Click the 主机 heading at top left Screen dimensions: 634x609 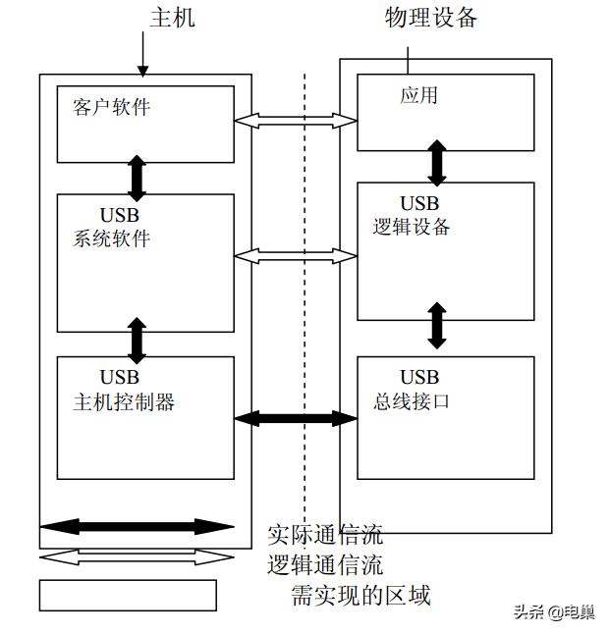point(172,18)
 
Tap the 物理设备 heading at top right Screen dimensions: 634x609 point(431,17)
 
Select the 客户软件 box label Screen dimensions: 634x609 point(111,106)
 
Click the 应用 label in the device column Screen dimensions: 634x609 point(418,95)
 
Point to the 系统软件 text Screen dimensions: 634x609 point(111,238)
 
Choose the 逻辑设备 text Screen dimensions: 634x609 point(412,226)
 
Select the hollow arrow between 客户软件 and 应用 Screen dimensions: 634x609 point(296,121)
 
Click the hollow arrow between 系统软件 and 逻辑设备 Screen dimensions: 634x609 point(296,256)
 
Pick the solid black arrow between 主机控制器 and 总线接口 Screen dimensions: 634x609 point(296,418)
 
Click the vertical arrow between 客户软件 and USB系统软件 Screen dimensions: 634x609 point(138,178)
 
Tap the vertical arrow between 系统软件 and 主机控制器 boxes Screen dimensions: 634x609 point(138,339)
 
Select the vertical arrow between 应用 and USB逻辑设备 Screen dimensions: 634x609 point(437,161)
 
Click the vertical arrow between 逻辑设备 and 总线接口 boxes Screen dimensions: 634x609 point(437,326)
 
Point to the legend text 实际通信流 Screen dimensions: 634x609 point(325,535)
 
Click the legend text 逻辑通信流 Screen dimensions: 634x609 point(325,565)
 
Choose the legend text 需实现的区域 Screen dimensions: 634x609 point(360,595)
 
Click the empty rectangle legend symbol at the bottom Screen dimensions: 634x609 point(128,595)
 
